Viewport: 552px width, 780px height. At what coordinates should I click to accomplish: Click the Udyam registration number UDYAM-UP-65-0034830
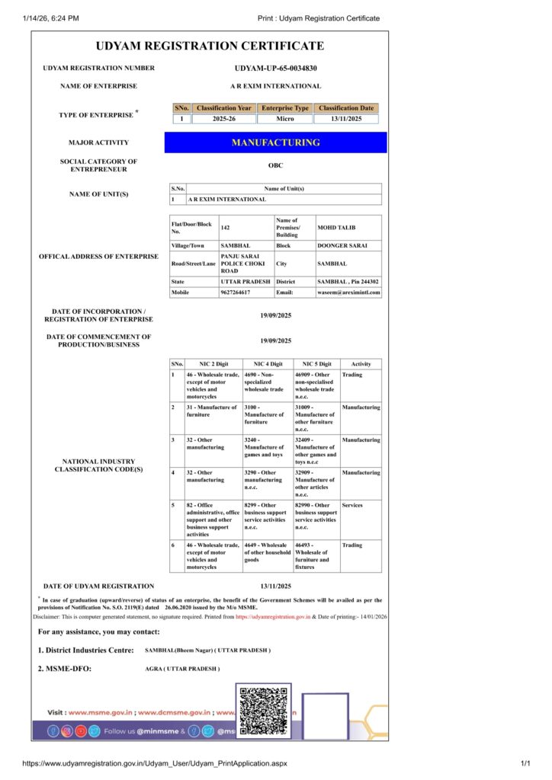[275, 68]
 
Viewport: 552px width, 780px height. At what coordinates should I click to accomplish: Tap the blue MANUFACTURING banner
[275, 142]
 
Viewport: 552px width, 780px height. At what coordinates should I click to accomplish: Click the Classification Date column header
[346, 108]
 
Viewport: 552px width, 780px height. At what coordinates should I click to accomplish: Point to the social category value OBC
[275, 165]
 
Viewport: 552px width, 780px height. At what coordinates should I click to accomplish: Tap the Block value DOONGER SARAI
[343, 246]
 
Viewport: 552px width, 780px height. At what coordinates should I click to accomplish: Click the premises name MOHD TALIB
[336, 228]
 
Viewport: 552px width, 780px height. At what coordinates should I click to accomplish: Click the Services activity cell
[352, 505]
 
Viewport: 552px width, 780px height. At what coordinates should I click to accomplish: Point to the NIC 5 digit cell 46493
[313, 555]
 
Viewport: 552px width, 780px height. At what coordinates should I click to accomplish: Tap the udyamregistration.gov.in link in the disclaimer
[273, 617]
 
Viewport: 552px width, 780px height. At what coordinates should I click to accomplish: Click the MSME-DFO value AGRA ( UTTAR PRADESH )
[182, 669]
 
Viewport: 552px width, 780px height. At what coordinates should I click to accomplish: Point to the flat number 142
[225, 228]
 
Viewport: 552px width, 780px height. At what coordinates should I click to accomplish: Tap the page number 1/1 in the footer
[525, 763]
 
